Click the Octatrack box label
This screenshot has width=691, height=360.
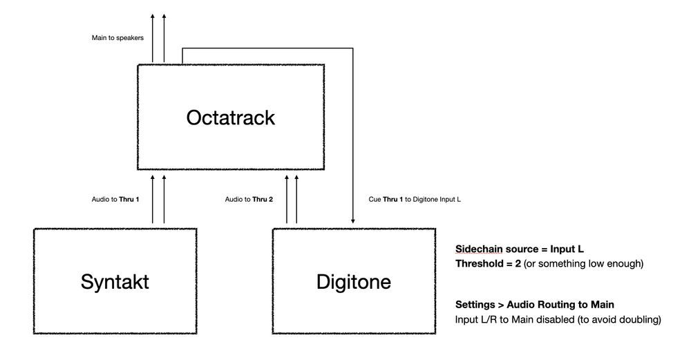tap(230, 117)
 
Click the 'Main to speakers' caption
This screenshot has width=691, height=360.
tap(117, 37)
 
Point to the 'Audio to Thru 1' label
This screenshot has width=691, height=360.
tap(115, 199)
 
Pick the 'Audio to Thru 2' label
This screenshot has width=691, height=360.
tap(249, 199)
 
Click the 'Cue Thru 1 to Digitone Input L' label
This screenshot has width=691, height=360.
tap(415, 200)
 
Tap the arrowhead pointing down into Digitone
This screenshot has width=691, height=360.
tap(354, 222)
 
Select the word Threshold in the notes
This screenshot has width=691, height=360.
tap(477, 263)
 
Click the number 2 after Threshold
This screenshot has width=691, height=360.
tap(514, 263)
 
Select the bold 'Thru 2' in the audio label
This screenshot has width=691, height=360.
tap(262, 199)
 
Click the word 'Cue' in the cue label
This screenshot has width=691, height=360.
tap(375, 200)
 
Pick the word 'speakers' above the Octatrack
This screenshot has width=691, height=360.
tap(131, 37)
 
